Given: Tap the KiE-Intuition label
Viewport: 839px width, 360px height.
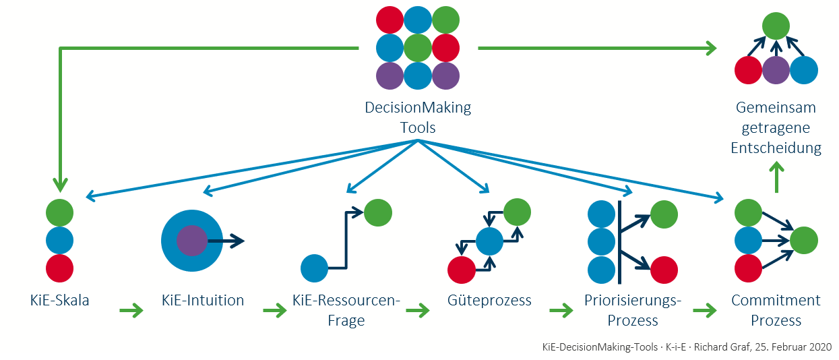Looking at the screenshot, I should (203, 301).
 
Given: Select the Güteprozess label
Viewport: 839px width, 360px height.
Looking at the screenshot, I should (489, 301).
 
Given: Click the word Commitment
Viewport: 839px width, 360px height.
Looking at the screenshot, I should (776, 301).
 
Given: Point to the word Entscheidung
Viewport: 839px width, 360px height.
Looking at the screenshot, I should (776, 148).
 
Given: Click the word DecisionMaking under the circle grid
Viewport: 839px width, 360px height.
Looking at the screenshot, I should (418, 107).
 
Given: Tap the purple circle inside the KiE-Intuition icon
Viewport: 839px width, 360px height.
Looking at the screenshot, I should (191, 240).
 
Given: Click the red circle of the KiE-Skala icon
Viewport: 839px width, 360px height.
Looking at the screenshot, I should (59, 268).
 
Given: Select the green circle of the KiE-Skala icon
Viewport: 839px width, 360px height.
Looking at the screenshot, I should (59, 213).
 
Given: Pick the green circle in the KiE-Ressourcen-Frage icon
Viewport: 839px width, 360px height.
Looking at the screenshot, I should (377, 213).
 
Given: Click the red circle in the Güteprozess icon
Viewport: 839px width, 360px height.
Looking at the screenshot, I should (462, 269).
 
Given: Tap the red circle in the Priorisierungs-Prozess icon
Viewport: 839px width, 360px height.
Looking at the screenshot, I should (664, 269).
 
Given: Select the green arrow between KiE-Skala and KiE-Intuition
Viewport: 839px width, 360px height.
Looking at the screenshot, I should (131, 311).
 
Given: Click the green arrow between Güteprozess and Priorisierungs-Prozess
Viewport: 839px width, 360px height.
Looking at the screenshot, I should (561, 311).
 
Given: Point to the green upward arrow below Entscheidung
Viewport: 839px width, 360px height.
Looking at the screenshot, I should (776, 179).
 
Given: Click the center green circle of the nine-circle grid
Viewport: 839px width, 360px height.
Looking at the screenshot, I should (418, 48).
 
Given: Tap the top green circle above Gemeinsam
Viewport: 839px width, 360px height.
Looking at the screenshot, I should (776, 26).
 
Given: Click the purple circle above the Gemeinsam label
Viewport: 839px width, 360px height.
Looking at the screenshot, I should (776, 70).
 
